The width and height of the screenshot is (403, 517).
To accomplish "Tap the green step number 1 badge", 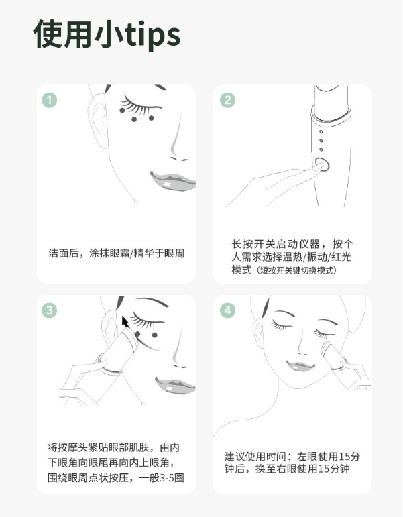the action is [x=50, y=100].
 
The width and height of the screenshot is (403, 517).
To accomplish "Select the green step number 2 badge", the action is [x=227, y=100].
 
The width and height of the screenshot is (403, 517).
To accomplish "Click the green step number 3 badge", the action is [x=50, y=310].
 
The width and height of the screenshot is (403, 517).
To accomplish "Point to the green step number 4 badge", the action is [x=227, y=310].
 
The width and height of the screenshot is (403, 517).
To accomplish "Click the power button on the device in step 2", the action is [x=323, y=164].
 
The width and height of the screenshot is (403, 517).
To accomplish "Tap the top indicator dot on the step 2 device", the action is [x=321, y=132].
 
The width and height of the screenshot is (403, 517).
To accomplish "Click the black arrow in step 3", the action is [x=125, y=322].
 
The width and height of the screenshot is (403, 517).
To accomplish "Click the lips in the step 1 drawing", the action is [x=172, y=180].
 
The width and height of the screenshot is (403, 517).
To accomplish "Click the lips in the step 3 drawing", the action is [x=175, y=385].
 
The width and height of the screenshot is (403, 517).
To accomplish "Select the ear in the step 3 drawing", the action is [x=109, y=329].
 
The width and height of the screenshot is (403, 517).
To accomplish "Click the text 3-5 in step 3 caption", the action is [x=166, y=477].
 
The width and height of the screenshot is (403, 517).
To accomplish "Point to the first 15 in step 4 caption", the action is [x=344, y=457].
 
